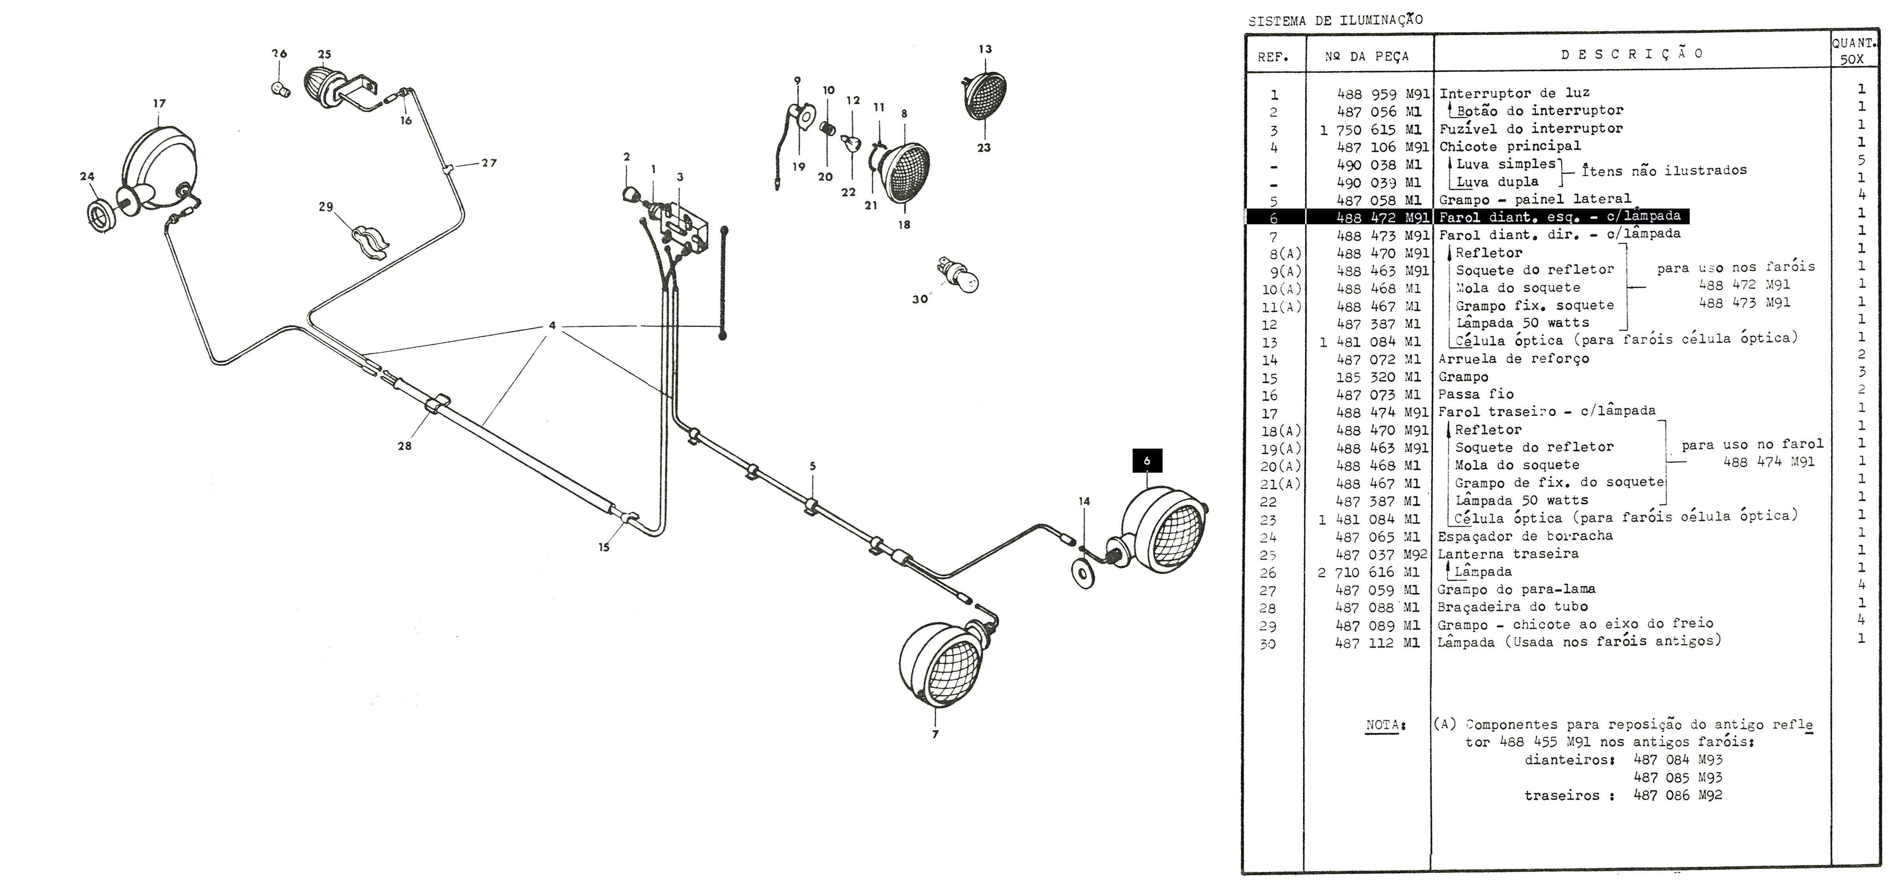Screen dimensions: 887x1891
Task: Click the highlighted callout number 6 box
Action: (1147, 461)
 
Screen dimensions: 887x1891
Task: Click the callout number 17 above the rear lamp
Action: (159, 104)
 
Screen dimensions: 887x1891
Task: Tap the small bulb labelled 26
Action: (279, 89)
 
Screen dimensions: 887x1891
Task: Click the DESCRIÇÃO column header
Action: (1631, 54)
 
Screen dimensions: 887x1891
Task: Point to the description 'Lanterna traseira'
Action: (1508, 553)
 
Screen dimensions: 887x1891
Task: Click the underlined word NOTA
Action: (1382, 725)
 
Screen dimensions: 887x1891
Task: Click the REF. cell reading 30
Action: (1268, 644)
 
